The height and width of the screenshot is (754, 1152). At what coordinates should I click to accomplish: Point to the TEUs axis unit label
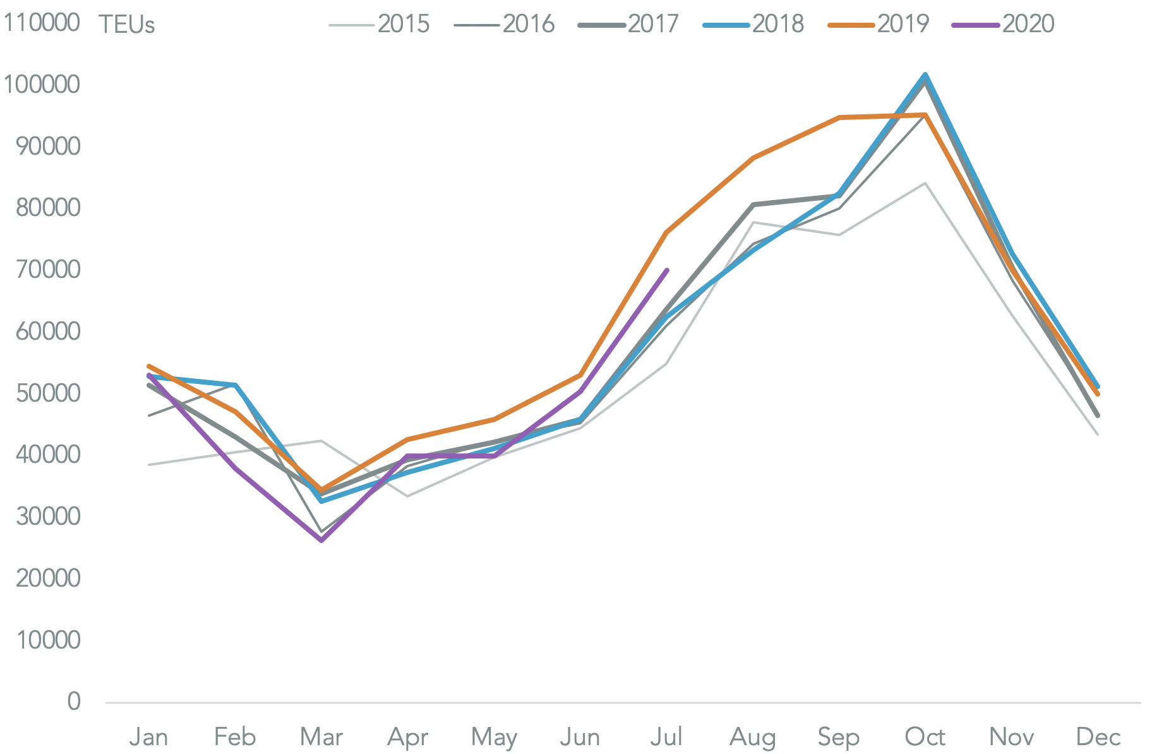coord(126,25)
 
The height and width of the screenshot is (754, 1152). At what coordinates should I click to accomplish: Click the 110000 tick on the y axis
coord(42,23)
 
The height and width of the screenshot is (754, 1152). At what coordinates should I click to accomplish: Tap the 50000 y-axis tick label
coord(48,393)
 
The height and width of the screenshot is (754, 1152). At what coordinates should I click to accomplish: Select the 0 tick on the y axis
coord(74,701)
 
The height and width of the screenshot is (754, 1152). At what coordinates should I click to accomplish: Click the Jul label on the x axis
coord(666,737)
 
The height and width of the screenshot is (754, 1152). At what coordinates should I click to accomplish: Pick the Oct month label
coord(925,737)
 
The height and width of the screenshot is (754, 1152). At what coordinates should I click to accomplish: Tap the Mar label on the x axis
coord(321,737)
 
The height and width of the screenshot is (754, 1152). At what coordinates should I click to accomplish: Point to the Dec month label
coord(1098,737)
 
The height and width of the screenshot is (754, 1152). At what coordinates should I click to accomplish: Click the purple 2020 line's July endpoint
coord(667,270)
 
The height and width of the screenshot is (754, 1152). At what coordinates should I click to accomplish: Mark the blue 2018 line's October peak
coord(925,75)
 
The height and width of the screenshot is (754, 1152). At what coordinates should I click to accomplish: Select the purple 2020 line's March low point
coord(321,541)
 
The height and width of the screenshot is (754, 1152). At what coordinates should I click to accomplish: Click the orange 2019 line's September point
coord(839,117)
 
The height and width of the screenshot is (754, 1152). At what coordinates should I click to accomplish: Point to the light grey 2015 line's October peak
coord(925,183)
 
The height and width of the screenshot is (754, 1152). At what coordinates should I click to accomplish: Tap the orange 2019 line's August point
coord(753,158)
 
